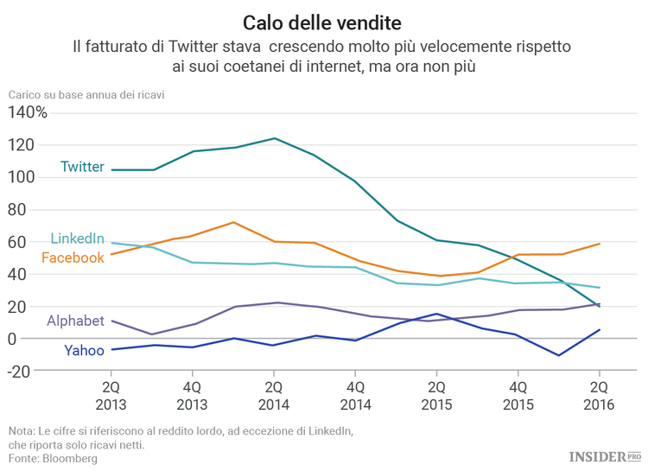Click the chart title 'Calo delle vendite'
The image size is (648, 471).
322,19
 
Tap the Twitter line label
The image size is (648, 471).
82,167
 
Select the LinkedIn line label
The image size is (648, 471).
78,239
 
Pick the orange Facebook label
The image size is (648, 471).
73,258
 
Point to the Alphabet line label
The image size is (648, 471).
75,321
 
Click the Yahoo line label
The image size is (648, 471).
84,350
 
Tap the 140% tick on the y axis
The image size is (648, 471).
28,112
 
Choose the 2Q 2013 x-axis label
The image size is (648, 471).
111,395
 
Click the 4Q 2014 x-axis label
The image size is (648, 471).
355,395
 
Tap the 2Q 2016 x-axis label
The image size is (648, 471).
599,395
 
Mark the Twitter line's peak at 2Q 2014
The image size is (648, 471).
275,138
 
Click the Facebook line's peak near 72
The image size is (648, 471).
234,222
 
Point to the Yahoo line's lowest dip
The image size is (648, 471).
559,355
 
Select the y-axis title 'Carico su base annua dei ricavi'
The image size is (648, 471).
86,94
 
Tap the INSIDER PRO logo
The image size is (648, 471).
605,455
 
